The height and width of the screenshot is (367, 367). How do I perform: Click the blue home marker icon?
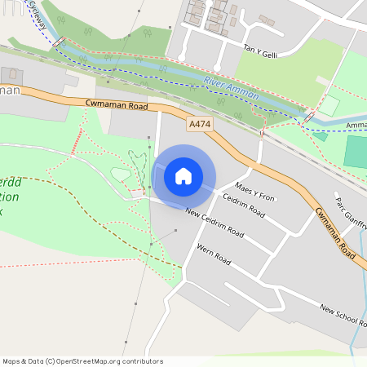(183, 175)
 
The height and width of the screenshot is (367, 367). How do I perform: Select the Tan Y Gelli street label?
(261, 50)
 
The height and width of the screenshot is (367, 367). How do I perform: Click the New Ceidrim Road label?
(214, 223)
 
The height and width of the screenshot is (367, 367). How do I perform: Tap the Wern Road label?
(214, 254)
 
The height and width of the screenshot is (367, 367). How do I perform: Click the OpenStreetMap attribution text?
(82, 361)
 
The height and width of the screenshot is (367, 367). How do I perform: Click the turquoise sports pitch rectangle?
(356, 153)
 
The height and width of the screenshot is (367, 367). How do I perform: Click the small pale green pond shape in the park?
(120, 174)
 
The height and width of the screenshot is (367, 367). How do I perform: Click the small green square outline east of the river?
(328, 105)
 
